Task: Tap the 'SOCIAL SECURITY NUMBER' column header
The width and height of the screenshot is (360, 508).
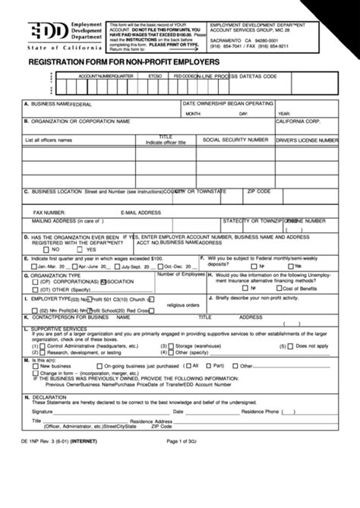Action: pos(235,140)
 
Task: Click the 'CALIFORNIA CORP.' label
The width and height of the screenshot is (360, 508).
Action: pos(298,121)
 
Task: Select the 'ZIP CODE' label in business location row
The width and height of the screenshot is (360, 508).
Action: pos(259,191)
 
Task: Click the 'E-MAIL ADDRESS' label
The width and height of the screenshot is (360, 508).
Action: pos(139,213)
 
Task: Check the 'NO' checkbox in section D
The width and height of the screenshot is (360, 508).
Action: pos(45,249)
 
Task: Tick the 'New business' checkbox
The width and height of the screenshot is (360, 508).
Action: pos(33,364)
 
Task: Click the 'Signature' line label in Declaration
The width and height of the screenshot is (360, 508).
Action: pos(43,410)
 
